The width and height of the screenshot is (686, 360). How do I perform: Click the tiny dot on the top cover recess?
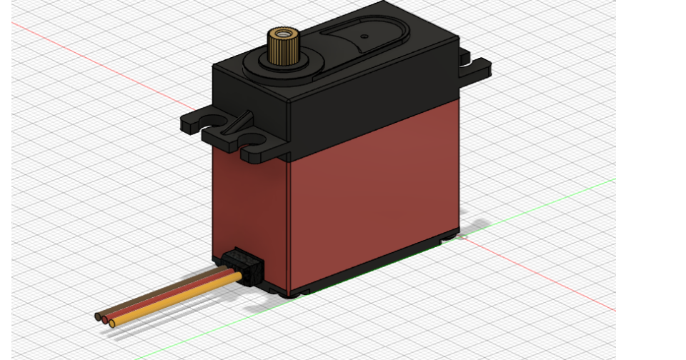click(x=364, y=36)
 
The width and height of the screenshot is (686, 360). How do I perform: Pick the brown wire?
click(x=164, y=289)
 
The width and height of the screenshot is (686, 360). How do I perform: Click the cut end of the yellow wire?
click(x=112, y=324)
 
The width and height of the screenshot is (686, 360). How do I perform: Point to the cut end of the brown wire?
click(x=98, y=316)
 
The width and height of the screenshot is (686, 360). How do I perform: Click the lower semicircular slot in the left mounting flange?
click(x=253, y=140)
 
